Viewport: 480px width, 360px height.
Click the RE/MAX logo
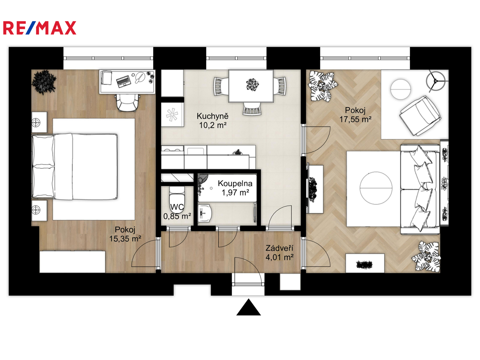(40, 28)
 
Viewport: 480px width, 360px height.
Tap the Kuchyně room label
(212, 116)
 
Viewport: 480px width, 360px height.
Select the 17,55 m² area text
(355, 119)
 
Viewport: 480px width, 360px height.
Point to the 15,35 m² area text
(125, 238)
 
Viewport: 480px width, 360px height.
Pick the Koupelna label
(235, 183)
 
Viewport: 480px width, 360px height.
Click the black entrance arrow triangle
(248, 307)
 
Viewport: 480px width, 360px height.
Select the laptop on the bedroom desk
(124, 81)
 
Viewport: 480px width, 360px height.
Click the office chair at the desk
(128, 103)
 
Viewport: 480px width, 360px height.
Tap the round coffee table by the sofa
(376, 188)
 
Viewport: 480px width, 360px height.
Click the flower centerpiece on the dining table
(252, 85)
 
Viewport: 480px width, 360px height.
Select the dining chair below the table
(252, 109)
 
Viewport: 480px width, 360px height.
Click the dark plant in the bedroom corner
(44, 82)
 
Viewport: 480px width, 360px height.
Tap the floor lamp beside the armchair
(436, 81)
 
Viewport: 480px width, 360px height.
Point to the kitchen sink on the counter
(196, 151)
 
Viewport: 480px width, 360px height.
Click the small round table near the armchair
(400, 89)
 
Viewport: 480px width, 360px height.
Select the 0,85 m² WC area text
(177, 216)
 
